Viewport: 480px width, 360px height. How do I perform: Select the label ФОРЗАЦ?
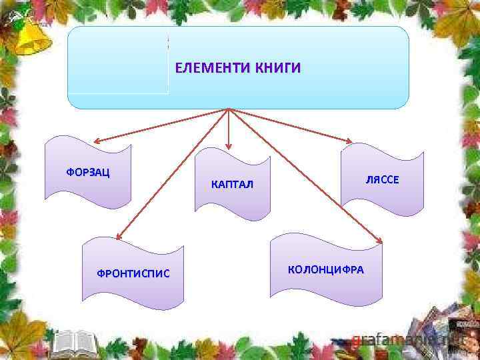(88, 172)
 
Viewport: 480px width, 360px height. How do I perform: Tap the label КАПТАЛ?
(232, 184)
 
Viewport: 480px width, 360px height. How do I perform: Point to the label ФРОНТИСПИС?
(133, 273)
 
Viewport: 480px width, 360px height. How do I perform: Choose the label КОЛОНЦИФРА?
(326, 269)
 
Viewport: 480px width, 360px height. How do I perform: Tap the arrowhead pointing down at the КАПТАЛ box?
(229, 145)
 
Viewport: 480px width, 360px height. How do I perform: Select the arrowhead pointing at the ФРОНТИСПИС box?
(117, 235)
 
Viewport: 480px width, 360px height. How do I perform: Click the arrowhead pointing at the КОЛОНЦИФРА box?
(379, 241)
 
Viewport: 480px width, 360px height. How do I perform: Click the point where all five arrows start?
(229, 109)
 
